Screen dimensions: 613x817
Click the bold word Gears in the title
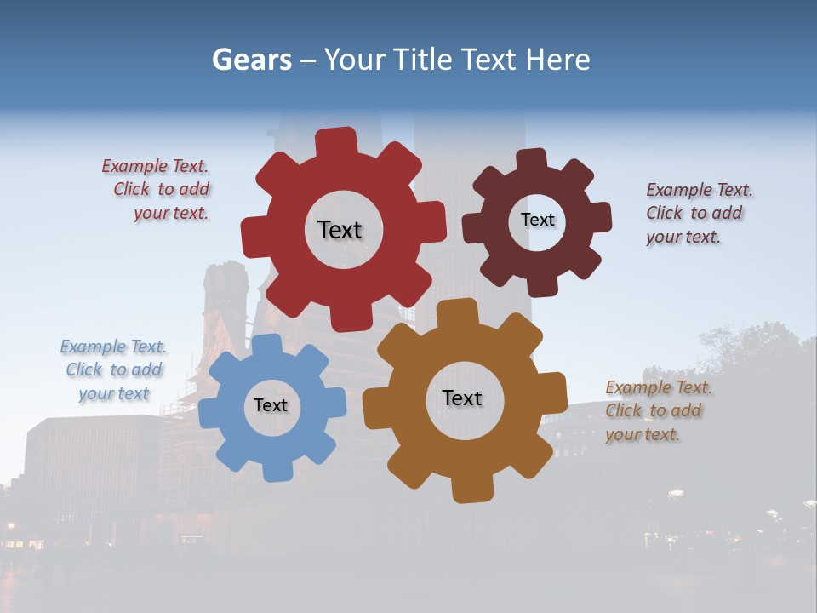click(252, 60)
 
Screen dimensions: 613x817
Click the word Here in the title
click(557, 60)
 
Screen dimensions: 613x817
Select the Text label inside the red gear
click(340, 230)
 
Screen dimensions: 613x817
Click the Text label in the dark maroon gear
click(537, 220)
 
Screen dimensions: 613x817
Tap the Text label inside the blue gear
click(271, 405)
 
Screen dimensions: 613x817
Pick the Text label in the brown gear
click(462, 398)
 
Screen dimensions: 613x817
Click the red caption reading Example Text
click(155, 166)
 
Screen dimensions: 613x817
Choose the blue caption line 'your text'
click(114, 393)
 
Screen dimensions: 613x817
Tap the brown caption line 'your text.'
click(643, 434)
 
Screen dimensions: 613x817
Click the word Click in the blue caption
click(84, 370)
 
